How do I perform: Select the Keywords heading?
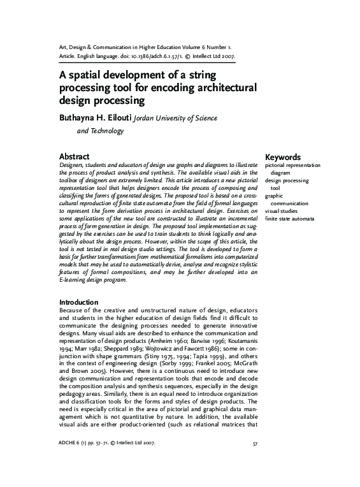(283, 156)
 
